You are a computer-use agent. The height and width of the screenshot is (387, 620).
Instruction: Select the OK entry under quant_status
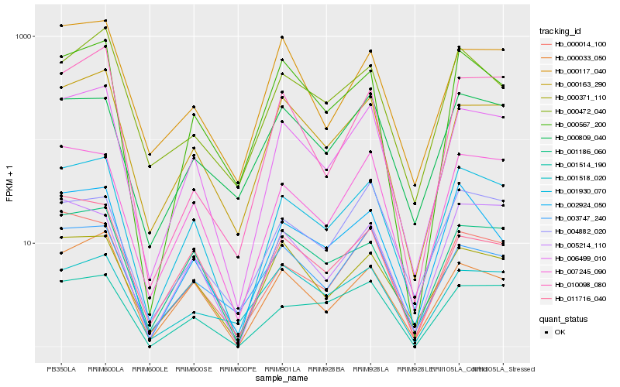(x=560, y=331)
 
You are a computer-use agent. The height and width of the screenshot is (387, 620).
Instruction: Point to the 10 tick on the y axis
(x=27, y=243)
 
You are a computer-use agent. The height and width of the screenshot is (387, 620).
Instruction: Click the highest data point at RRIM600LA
(x=105, y=21)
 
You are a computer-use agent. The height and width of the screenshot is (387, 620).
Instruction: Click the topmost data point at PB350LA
(x=61, y=26)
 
